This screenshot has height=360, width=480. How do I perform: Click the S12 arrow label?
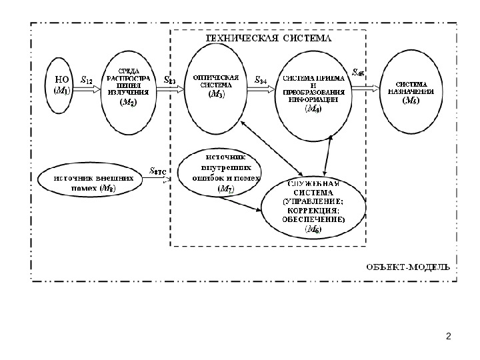coord(87,78)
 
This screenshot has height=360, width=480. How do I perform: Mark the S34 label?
coord(261,79)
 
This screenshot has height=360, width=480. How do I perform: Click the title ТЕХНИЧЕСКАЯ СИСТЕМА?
coord(269,38)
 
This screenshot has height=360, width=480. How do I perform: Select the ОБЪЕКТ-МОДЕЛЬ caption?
coord(409,265)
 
